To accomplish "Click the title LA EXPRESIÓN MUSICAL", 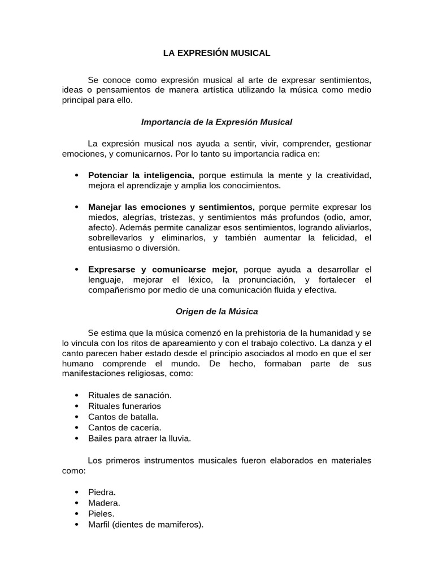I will [216, 53].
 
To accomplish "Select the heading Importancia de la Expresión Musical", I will [216, 122].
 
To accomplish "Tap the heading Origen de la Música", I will [216, 311].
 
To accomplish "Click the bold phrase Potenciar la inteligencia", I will [141, 175].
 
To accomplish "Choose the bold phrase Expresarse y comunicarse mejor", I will [162, 269].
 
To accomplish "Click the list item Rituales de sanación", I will [130, 395].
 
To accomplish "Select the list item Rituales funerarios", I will [124, 406].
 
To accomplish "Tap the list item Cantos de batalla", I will [119, 417].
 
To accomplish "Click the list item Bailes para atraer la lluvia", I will [140, 438].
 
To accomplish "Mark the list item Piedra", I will [102, 492].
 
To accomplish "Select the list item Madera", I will [104, 503].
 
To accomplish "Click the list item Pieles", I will [101, 513].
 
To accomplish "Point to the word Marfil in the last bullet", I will [99, 524].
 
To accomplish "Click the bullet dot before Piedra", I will [76, 492].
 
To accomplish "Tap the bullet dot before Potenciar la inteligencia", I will [76, 175].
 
